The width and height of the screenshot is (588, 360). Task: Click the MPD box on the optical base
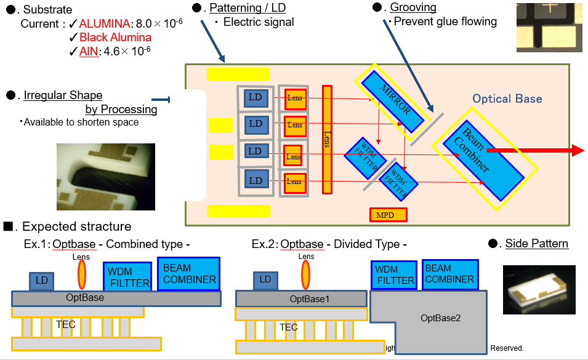(389, 215)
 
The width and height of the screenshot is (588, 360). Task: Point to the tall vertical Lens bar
(327, 140)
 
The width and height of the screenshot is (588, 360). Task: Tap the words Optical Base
(507, 98)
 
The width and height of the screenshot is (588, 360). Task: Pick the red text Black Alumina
(115, 38)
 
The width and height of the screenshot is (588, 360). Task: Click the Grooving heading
(413, 7)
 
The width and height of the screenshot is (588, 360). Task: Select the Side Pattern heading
(536, 244)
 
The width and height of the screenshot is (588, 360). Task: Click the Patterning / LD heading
(248, 8)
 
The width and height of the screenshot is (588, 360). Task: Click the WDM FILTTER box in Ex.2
(395, 274)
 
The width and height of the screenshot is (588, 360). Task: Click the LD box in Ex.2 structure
(265, 280)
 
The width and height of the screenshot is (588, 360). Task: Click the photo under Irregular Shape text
(106, 177)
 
